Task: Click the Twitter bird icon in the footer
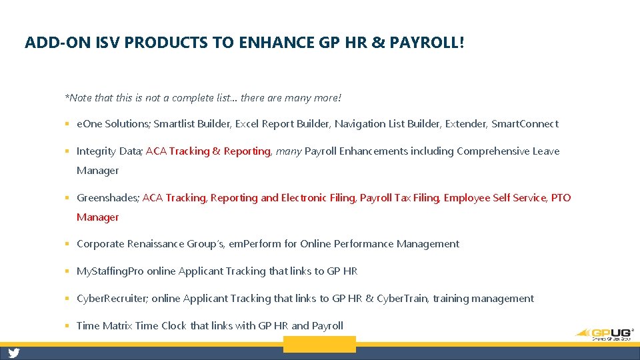pyautogui.click(x=14, y=353)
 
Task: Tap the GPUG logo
pyautogui.click(x=605, y=333)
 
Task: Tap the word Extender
pyautogui.click(x=467, y=124)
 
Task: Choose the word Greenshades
pyautogui.click(x=106, y=198)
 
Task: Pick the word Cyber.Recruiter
pyautogui.click(x=111, y=299)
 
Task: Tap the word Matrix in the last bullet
pyautogui.click(x=117, y=326)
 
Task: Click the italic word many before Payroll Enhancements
pyautogui.click(x=289, y=151)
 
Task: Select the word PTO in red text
pyautogui.click(x=561, y=198)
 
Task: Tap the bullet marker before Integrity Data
pyautogui.click(x=68, y=151)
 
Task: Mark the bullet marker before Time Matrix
pyautogui.click(x=68, y=326)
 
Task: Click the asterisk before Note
pyautogui.click(x=67, y=97)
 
